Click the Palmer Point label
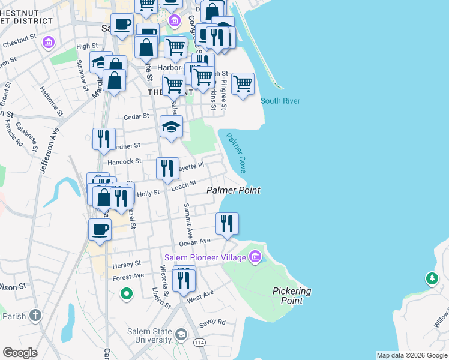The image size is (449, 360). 234,190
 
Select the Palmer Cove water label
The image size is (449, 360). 236,153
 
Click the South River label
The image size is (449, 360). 280,101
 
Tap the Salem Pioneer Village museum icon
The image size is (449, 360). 256,257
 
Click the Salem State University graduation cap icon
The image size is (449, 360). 181,334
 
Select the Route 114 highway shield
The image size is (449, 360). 199,342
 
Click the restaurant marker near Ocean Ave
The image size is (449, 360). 227,224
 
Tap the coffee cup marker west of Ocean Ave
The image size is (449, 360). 100,229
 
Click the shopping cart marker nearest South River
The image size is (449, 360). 243,84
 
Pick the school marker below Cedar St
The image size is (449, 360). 171,127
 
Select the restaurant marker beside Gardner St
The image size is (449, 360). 103,139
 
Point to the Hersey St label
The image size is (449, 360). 126,263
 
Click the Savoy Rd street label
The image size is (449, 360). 213,322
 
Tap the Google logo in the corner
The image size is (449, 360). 20,353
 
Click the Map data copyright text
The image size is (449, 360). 412,355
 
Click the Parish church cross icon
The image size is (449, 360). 35,316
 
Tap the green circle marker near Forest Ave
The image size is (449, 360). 126,294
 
